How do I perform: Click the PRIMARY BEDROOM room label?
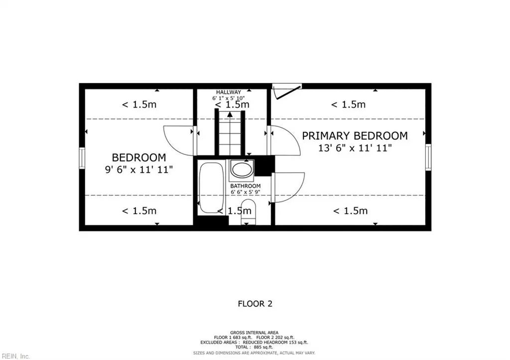click(355, 135)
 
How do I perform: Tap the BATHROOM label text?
click(245, 186)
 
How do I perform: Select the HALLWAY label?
click(228, 92)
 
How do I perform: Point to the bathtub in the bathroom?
click(211, 188)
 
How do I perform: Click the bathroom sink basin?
click(242, 170)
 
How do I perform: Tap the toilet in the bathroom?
click(249, 212)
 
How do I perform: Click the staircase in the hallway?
click(230, 132)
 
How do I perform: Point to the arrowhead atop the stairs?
click(230, 114)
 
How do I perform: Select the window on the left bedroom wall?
click(82, 158)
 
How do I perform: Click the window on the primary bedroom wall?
click(428, 157)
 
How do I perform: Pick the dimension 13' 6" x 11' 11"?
click(355, 148)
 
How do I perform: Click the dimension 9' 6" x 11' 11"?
click(138, 169)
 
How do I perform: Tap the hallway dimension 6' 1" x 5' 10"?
click(228, 98)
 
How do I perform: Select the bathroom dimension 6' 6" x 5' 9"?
click(245, 192)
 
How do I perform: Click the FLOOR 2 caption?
click(255, 304)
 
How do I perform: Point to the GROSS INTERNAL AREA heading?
click(255, 332)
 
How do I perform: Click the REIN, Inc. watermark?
click(15, 356)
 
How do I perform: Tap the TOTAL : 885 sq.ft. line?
click(255, 347)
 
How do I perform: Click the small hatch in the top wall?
click(287, 91)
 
